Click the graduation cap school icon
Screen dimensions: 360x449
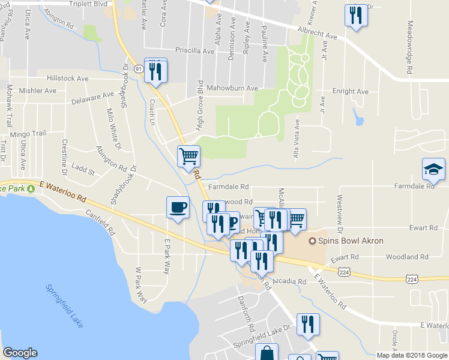[433, 170]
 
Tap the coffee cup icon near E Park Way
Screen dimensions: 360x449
[177, 208]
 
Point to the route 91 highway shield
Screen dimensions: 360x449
[139, 69]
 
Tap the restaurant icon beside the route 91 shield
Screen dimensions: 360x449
[156, 71]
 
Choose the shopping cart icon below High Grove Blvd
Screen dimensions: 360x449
[188, 157]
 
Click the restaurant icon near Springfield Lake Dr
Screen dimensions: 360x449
[308, 325]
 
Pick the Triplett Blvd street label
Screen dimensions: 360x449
[88, 4]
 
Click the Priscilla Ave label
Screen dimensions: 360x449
[194, 51]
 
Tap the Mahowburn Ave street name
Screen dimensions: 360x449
[232, 88]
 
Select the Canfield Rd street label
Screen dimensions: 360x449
[100, 221]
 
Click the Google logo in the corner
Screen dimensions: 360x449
[20, 353]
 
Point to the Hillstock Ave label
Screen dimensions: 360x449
[68, 79]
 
